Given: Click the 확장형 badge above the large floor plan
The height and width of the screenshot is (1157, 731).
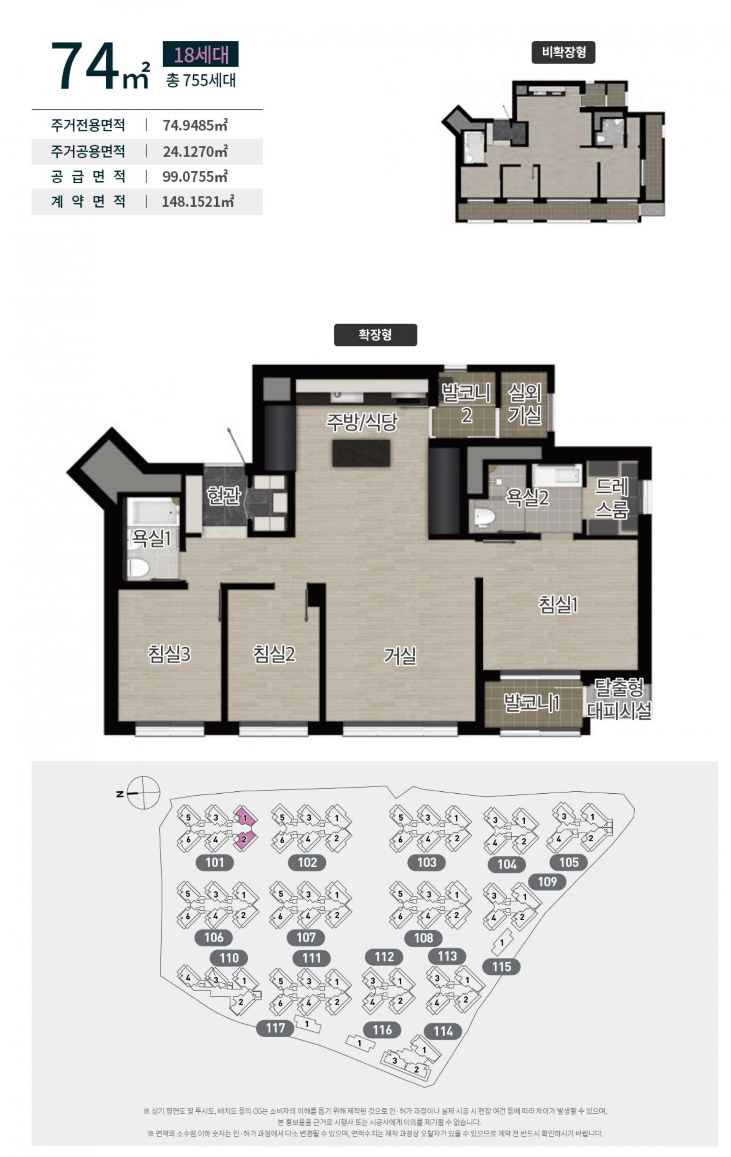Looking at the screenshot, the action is tap(375, 334).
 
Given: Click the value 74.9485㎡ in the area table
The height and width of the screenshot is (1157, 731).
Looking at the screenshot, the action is tap(195, 125).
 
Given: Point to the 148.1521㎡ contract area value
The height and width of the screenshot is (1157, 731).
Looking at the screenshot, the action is tap(197, 201).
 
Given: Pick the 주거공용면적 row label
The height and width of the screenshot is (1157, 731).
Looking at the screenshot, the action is tap(88, 151).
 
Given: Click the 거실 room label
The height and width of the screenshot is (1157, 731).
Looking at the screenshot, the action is tap(400, 655).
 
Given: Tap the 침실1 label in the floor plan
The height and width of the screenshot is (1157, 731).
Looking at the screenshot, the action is tap(558, 604).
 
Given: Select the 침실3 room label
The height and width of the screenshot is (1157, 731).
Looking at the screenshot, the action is tap(169, 654).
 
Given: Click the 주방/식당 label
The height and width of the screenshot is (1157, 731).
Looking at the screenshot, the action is tap(362, 422).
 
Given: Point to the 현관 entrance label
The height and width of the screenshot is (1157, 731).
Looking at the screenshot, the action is tap(223, 495).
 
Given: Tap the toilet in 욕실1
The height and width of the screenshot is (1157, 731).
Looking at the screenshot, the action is tap(138, 567).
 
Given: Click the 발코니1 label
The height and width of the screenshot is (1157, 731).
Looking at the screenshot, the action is tap(531, 703).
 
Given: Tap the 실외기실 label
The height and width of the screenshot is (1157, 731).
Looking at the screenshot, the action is tap(525, 404).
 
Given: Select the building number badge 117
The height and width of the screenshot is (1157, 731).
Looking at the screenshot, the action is tap(275, 1028).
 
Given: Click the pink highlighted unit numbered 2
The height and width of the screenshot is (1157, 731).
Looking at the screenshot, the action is tap(244, 839).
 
